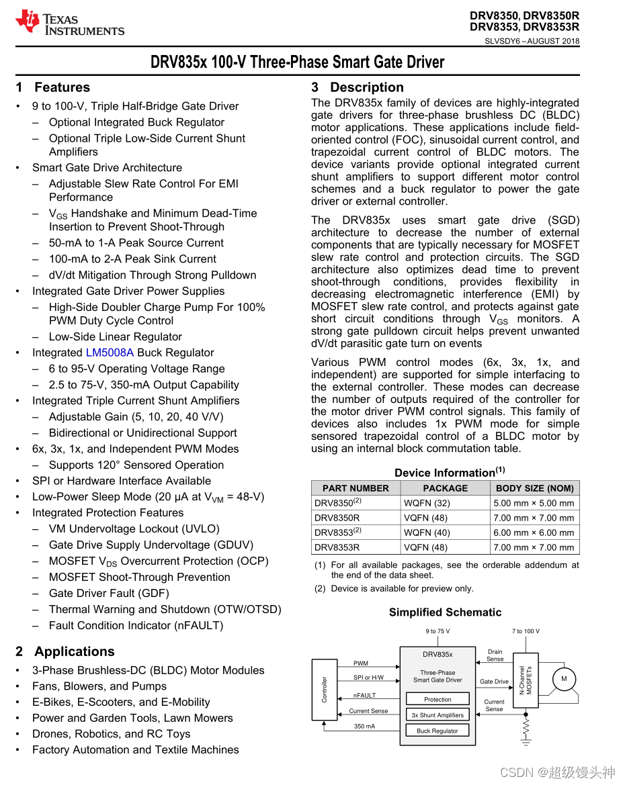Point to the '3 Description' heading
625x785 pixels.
click(358, 87)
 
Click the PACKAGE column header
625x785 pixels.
click(445, 488)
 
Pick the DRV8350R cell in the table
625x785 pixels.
click(337, 518)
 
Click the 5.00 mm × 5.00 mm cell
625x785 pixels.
click(534, 503)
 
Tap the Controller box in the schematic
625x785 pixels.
click(325, 690)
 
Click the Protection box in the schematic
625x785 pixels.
click(437, 699)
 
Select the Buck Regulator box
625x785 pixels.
click(437, 731)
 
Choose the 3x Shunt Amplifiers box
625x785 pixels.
click(437, 715)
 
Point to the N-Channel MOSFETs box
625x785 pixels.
click(526, 680)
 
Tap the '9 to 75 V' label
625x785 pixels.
click(437, 631)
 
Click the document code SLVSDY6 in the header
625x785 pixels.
click(503, 41)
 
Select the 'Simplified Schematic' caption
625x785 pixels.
click(445, 612)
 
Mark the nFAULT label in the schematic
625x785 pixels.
click(365, 696)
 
